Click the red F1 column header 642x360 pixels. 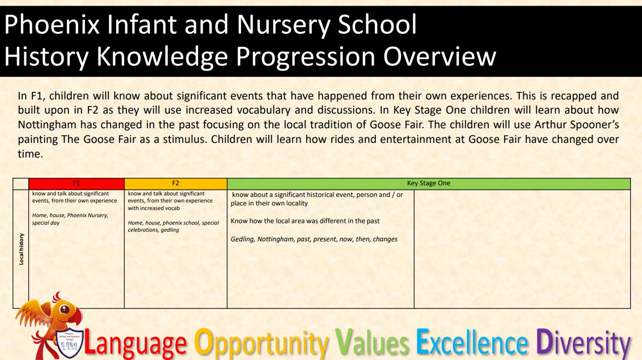(x=76, y=184)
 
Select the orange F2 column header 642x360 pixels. (x=175, y=184)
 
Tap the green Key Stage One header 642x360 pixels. (x=428, y=184)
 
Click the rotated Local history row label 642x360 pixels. (x=21, y=249)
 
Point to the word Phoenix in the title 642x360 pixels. (x=52, y=25)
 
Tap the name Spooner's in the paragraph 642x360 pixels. (x=595, y=125)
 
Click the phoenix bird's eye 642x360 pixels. (x=65, y=310)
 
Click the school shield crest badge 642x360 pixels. (x=69, y=343)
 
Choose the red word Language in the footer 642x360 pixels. (x=135, y=343)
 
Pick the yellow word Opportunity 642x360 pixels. (x=261, y=343)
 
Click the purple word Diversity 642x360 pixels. (x=583, y=343)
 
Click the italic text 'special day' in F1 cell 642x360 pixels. (x=46, y=223)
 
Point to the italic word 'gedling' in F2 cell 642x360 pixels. (x=170, y=230)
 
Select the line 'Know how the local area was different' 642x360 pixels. (x=305, y=221)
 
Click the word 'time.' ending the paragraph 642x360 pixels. (x=30, y=154)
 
